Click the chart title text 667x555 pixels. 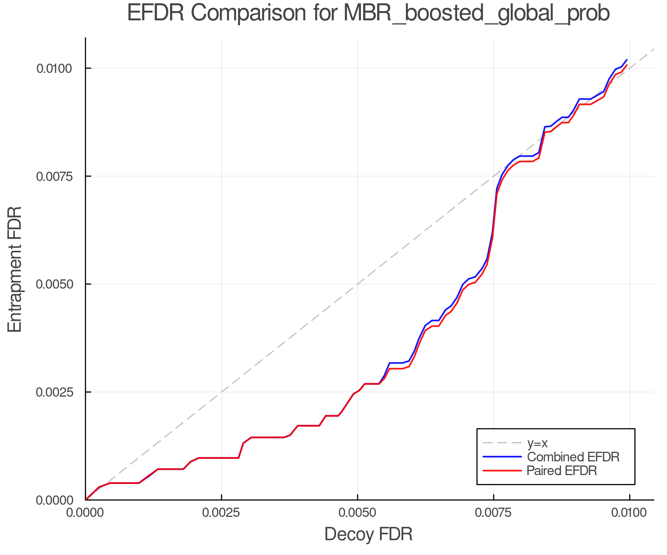click(368, 13)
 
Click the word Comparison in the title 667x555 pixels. click(248, 13)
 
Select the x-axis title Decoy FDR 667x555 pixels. click(368, 534)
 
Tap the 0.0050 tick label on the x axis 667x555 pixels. click(357, 513)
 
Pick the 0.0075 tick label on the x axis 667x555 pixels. click(493, 513)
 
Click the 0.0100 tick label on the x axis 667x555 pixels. click(629, 513)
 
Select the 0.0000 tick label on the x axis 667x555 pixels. click(85, 513)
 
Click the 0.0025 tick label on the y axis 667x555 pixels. click(54, 392)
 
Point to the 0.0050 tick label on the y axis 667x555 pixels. click(54, 284)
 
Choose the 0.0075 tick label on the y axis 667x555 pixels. click(54, 176)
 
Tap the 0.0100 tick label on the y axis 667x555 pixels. click(54, 68)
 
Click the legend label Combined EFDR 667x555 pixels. click(573, 457)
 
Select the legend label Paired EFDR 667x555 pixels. click(561, 471)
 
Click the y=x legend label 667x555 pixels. click(537, 443)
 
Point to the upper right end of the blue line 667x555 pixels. click(627, 60)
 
